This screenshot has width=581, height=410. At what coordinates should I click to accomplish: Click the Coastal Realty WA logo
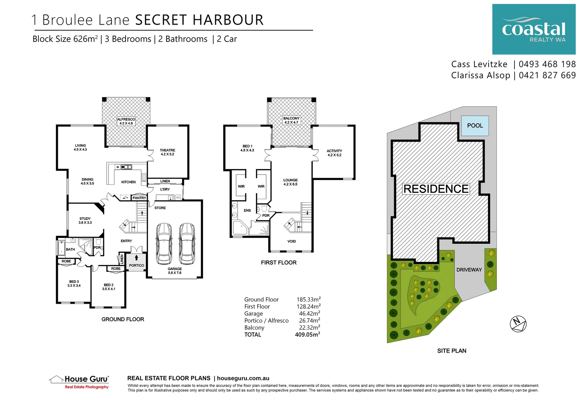[x=533, y=29]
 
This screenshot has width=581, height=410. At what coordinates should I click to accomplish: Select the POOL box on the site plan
[x=475, y=126]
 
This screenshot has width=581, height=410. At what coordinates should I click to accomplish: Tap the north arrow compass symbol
[x=518, y=324]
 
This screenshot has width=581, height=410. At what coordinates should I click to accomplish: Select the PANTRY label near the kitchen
[x=139, y=198]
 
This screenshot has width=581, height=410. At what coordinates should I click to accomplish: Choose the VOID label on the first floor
[x=292, y=241]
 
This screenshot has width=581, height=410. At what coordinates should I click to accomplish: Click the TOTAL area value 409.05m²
[x=307, y=335]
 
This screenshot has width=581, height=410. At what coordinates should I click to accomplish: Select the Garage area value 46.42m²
[x=309, y=314]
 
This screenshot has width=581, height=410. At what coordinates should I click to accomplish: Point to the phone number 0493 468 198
[x=547, y=64]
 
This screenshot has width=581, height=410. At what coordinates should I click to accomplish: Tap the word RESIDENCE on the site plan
[x=436, y=189]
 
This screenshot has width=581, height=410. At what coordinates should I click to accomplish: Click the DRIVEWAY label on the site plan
[x=469, y=270]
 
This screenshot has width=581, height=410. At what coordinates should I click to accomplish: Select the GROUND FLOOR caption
[x=123, y=319]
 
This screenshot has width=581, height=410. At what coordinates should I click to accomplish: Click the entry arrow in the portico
[x=137, y=257]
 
